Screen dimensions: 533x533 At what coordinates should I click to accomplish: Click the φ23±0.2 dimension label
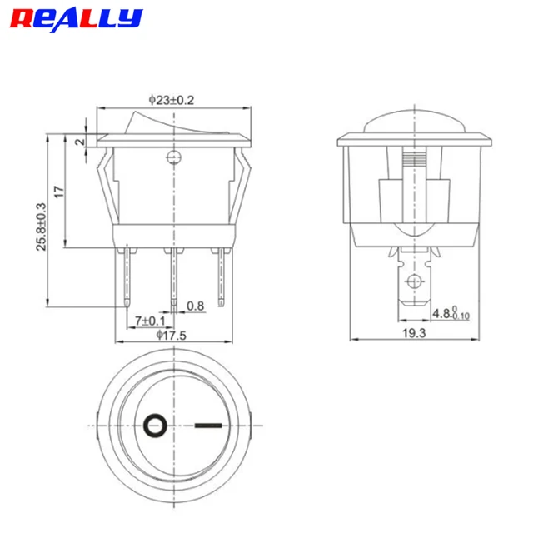click(172, 100)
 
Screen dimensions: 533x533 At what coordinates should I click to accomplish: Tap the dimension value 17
click(59, 191)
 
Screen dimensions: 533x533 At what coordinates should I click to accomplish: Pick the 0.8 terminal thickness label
click(195, 306)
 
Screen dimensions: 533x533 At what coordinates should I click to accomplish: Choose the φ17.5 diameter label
click(172, 335)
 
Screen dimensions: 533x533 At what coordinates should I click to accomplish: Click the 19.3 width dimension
click(414, 333)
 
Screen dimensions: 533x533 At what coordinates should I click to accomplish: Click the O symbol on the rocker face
click(154, 426)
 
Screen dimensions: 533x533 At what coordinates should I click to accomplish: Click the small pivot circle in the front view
click(173, 157)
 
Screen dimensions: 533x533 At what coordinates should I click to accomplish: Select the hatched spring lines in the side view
click(413, 159)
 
